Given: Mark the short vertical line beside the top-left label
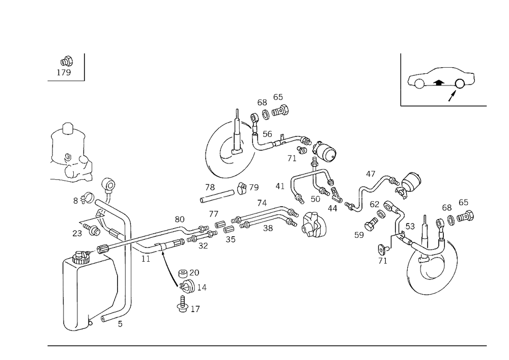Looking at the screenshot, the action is point(85,67).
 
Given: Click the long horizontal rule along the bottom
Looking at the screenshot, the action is point(267,345).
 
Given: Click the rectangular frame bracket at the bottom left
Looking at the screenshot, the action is point(97,295).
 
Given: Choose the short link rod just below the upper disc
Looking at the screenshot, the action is point(227,191).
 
